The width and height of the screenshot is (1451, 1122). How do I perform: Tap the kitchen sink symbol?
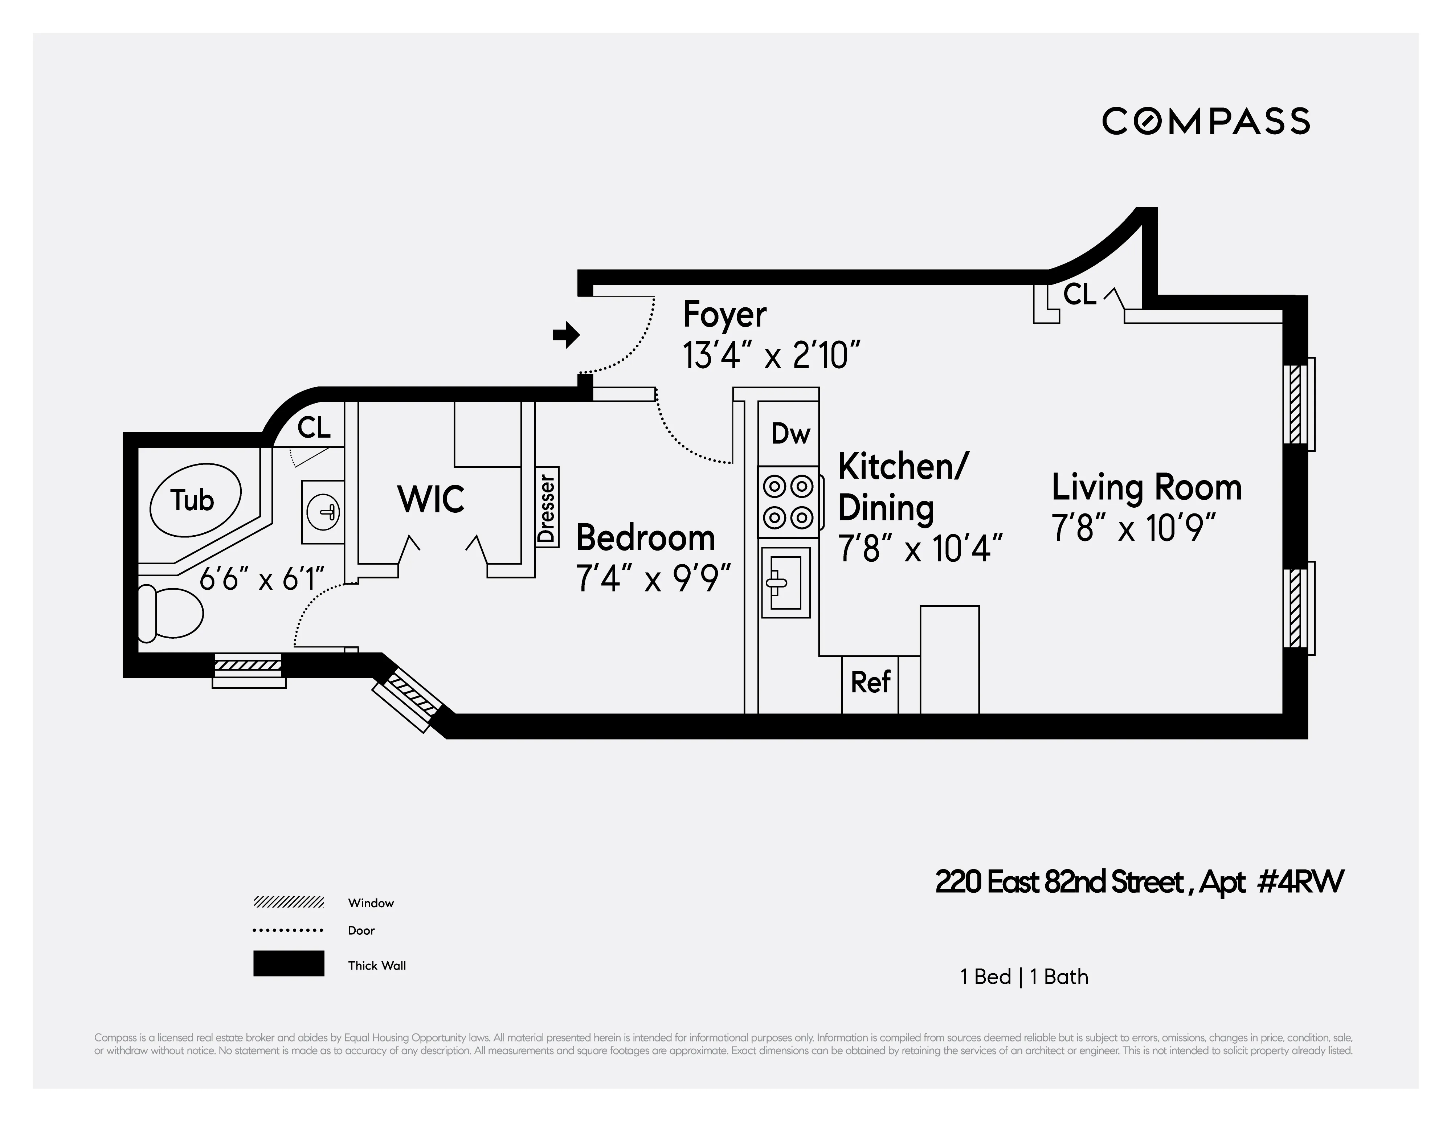(x=785, y=582)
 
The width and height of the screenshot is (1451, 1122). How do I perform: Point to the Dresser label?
(x=547, y=508)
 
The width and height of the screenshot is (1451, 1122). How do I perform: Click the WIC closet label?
(x=430, y=500)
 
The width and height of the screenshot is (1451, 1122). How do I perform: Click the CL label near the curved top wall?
(x=1080, y=294)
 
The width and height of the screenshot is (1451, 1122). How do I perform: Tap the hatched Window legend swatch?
(x=288, y=902)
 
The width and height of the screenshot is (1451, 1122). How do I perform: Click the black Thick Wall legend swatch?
(x=288, y=963)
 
